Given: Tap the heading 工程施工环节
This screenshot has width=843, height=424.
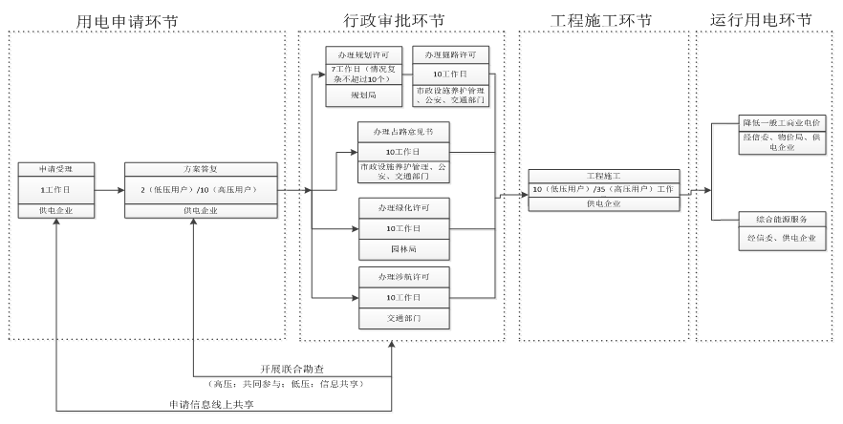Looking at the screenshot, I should coord(602,19).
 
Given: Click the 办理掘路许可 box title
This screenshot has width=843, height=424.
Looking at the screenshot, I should coord(451,53).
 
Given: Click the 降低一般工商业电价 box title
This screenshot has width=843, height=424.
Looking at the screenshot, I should coord(782,124).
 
